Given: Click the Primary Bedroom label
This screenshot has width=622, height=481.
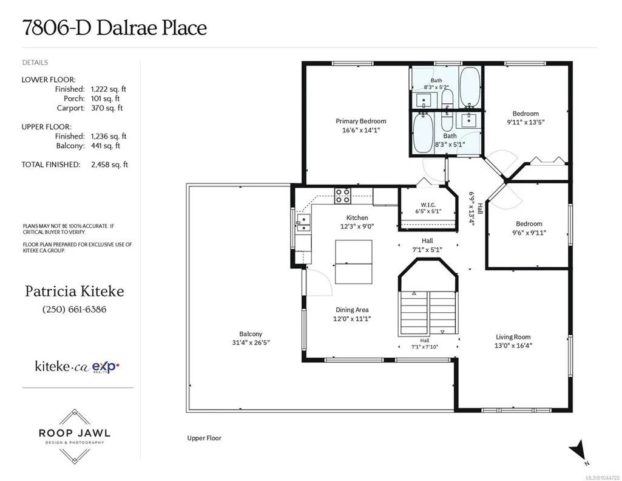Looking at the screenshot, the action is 360,121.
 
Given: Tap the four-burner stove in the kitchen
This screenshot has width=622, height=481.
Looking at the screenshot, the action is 342,196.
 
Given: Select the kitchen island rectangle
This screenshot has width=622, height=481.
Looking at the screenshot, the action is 353,262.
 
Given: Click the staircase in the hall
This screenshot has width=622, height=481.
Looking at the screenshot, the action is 428,313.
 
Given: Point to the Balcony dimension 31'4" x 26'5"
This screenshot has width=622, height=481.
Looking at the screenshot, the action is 251,343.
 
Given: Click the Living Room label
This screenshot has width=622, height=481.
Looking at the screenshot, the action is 513,337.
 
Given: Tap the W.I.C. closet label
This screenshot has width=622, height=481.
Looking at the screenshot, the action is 428,205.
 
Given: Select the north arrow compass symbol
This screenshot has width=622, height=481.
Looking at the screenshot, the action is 579,452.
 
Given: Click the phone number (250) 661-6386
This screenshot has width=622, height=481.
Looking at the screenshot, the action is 74,309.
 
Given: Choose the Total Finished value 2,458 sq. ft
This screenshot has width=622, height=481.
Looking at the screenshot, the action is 109,165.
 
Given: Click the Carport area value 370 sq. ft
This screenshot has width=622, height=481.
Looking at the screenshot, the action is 107,108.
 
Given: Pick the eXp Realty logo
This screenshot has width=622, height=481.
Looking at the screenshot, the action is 106,367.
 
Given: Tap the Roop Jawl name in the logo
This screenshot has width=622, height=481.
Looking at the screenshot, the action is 75,433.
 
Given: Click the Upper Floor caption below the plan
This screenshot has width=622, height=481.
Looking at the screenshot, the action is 205,438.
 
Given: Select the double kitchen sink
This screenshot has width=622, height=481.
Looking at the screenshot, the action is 303,223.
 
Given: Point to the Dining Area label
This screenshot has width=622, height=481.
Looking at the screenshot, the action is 352,310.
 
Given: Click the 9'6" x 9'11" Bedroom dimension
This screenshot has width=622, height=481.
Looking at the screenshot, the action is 529,233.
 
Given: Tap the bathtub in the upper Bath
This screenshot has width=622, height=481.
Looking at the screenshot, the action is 470,86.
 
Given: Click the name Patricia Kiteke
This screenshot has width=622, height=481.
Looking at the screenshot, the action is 75,292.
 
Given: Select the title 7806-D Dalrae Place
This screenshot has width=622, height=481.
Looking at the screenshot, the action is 115,28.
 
